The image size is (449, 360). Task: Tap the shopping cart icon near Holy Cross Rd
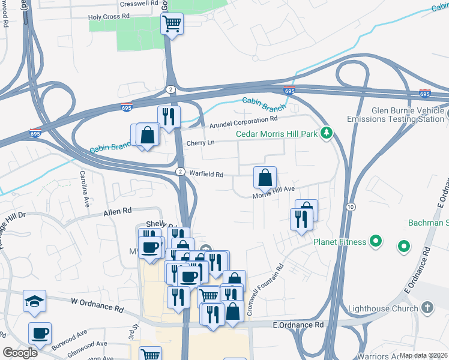click(x=172, y=24)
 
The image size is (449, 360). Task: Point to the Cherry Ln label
click(x=200, y=143)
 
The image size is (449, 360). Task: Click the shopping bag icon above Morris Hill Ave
click(x=265, y=178)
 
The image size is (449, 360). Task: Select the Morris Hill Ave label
click(x=273, y=189)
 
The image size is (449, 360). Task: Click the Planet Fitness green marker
click(x=376, y=242)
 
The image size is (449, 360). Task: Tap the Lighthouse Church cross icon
click(x=427, y=308)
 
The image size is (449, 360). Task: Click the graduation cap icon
click(x=34, y=301)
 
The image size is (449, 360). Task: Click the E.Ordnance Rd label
click(x=298, y=325)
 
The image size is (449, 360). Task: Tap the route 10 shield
click(x=351, y=206)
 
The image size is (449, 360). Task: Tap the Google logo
click(x=20, y=353)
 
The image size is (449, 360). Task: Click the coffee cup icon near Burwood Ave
click(x=40, y=333)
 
